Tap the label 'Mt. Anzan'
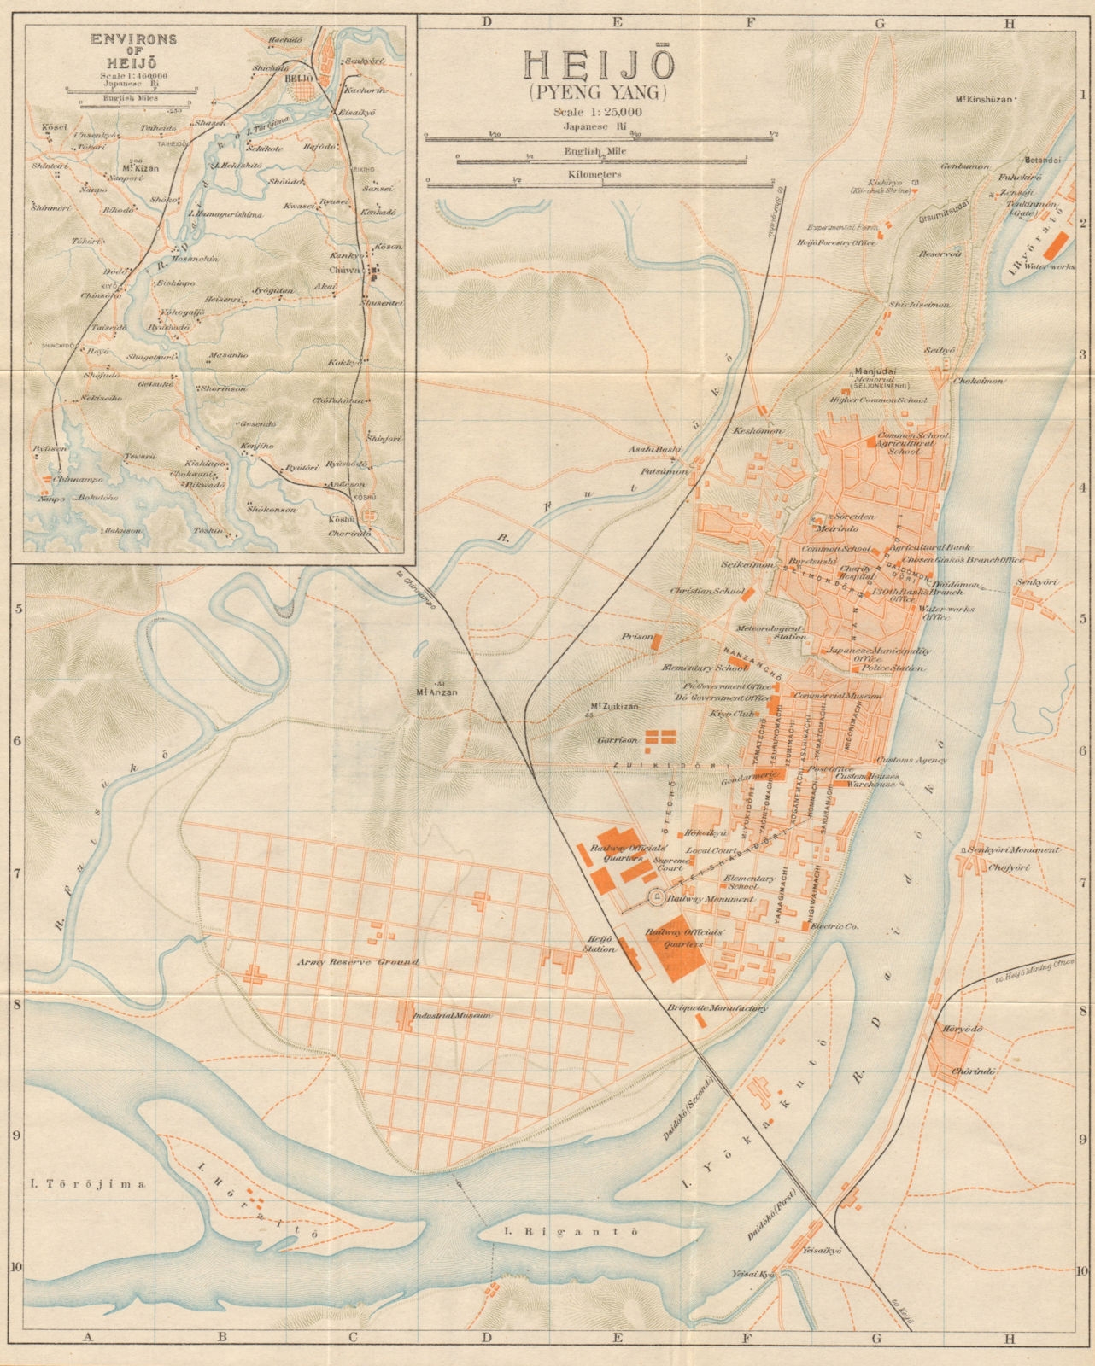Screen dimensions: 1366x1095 [x=436, y=692]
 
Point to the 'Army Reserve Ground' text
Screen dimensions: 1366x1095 [x=358, y=962]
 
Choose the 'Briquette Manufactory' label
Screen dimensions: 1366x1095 [x=718, y=1007]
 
